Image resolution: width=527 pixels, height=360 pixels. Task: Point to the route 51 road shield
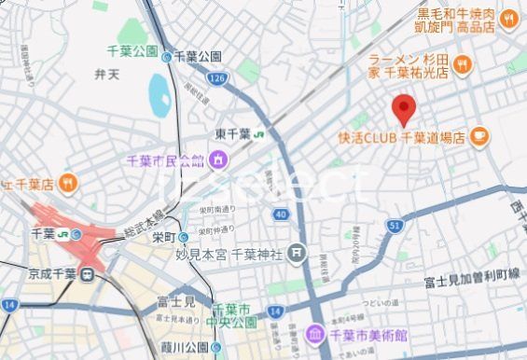point(395,225)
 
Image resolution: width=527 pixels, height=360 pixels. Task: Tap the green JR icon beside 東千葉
point(256,133)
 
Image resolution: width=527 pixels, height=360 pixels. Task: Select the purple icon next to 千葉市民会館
point(217,160)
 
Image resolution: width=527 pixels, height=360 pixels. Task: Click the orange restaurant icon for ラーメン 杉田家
point(465,64)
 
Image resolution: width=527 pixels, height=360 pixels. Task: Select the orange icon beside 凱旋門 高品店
point(509,17)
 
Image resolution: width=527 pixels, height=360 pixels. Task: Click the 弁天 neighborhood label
point(105,72)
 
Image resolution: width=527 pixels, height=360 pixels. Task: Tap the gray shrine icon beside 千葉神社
point(296,251)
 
